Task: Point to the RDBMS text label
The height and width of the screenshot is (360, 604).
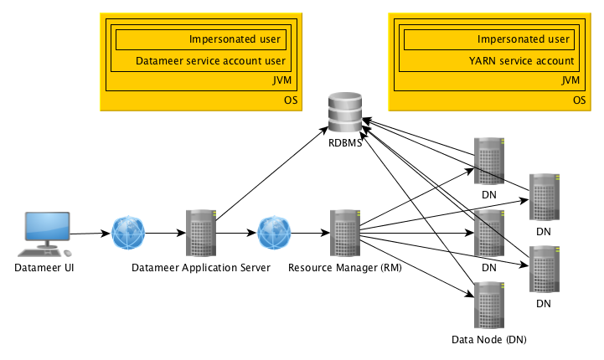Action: coord(345,143)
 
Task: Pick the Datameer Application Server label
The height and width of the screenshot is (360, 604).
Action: coord(201,268)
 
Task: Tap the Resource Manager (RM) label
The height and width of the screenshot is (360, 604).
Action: coord(345,268)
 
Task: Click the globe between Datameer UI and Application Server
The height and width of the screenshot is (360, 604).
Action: coord(128,233)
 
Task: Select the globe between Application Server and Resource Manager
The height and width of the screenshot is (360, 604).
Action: coord(273,233)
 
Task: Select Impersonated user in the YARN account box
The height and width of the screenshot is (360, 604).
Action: coord(524,39)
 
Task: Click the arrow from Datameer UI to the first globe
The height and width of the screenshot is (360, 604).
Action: coord(90,234)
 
